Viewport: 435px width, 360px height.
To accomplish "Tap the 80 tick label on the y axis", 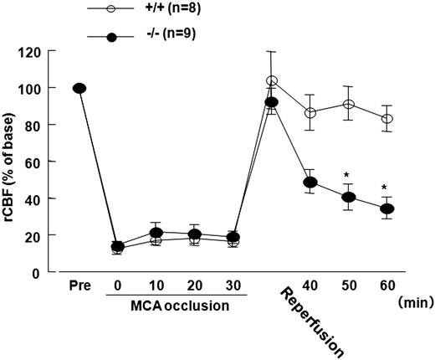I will pyautogui.click(x=33, y=125).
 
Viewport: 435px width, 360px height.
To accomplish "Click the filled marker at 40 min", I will pyautogui.click(x=310, y=183).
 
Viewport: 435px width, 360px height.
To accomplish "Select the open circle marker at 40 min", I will pyautogui.click(x=310, y=112).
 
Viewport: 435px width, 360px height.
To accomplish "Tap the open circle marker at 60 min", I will pyautogui.click(x=386, y=119).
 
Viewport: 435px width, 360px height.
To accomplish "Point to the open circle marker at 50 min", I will pyautogui.click(x=349, y=105).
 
